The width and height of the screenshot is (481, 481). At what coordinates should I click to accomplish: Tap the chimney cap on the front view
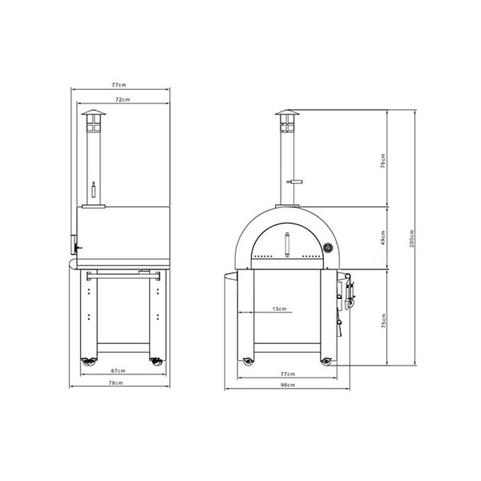pyautogui.click(x=286, y=115)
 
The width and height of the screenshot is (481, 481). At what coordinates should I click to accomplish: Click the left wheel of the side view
pyautogui.click(x=85, y=362)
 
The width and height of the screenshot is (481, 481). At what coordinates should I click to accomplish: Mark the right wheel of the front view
pyautogui.click(x=325, y=361)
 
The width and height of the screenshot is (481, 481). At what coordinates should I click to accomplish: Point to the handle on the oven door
pyautogui.click(x=286, y=240)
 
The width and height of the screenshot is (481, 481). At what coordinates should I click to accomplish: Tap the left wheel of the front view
pyautogui.click(x=247, y=361)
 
